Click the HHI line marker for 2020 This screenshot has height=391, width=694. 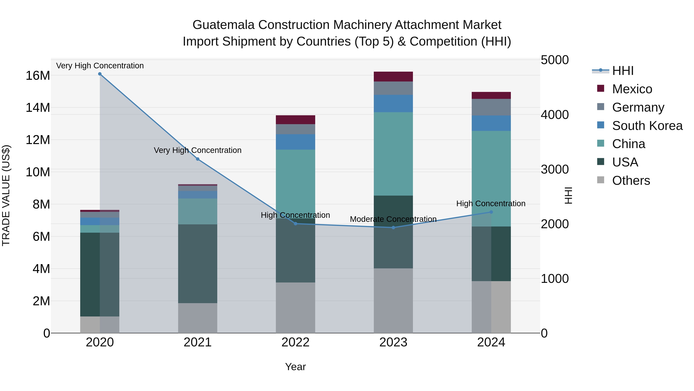pyautogui.click(x=100, y=74)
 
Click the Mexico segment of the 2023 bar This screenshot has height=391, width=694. pyautogui.click(x=393, y=77)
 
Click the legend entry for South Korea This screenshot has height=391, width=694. pyautogui.click(x=647, y=126)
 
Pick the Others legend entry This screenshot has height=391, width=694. pyautogui.click(x=631, y=181)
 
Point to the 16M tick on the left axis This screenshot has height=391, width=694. pyautogui.click(x=38, y=75)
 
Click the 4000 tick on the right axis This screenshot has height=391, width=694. pyautogui.click(x=554, y=115)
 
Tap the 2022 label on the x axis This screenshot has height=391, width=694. pyautogui.click(x=295, y=342)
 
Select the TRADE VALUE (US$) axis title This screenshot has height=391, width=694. pyautogui.click(x=6, y=195)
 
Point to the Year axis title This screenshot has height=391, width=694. pyautogui.click(x=295, y=367)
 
